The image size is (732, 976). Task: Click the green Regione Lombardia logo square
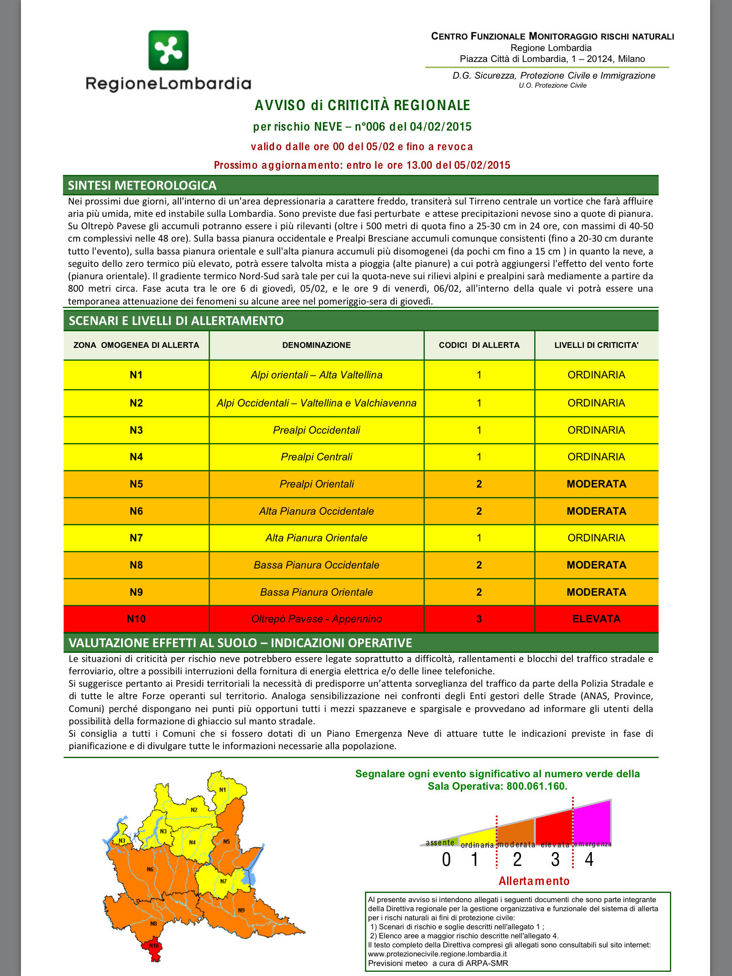tap(168, 50)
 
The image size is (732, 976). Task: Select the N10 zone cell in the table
tap(136, 619)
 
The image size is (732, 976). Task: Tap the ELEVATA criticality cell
tap(596, 619)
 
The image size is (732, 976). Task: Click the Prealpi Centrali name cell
tap(316, 457)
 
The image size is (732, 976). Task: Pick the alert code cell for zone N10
tap(479, 619)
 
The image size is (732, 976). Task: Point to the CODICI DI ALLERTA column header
tap(479, 345)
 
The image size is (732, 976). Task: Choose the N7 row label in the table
tap(136, 538)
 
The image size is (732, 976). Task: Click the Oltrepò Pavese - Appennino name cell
tap(316, 619)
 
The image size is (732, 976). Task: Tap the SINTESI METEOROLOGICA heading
tap(142, 185)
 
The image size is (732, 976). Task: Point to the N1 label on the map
tap(222, 790)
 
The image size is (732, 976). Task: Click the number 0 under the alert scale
tap(446, 860)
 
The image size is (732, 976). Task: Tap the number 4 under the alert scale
tap(589, 860)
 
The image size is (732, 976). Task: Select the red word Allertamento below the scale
tap(534, 881)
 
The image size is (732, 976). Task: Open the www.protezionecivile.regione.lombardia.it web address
tap(437, 954)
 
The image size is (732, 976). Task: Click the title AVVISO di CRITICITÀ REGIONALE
tap(362, 105)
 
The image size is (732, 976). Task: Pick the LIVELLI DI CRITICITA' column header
tap(596, 345)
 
